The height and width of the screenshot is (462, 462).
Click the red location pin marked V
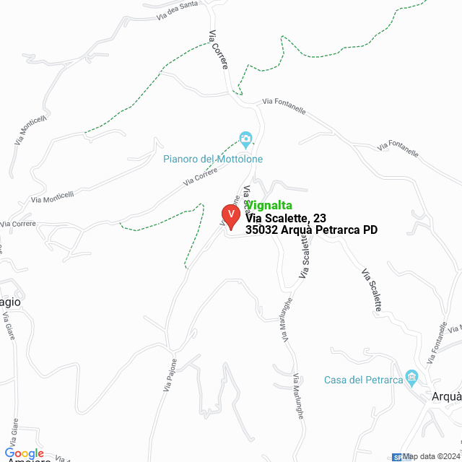[230, 216]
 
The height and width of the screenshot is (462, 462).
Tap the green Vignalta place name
[269, 205]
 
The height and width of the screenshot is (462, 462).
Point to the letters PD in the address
[370, 230]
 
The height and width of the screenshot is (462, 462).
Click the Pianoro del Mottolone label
[213, 159]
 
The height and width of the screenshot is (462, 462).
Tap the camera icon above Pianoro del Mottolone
[245, 139]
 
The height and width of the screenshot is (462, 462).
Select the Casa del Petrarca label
[362, 380]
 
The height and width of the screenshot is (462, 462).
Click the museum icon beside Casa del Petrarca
[412, 376]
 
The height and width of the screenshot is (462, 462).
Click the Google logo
[25, 453]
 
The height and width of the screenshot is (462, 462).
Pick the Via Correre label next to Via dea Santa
[218, 50]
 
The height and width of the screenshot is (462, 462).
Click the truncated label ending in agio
[10, 302]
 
